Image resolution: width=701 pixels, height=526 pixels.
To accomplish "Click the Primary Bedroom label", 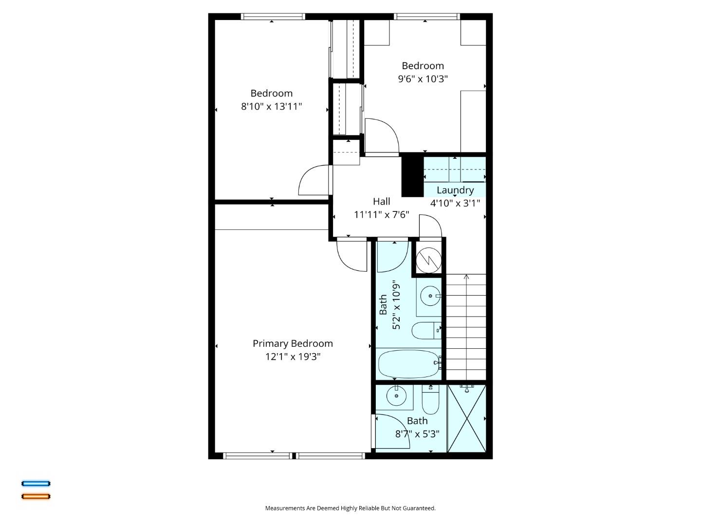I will [293, 343].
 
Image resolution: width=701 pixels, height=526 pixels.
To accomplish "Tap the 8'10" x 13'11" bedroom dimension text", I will [271, 106].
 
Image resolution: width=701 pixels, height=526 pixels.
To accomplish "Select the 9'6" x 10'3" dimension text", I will [423, 78].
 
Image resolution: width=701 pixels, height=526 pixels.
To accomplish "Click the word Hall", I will [381, 201].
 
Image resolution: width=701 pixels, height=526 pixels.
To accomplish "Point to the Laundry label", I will [455, 190].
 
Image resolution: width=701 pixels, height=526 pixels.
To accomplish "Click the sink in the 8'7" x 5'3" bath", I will [396, 395].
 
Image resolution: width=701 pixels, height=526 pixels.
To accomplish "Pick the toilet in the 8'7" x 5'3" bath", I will [430, 400].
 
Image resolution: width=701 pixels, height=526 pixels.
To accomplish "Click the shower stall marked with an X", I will [466, 418].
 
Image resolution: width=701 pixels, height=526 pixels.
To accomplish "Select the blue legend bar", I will [36, 484].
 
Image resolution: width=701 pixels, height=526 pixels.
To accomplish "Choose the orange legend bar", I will [36, 496].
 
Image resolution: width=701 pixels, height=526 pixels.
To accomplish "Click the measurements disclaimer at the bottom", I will [350, 508].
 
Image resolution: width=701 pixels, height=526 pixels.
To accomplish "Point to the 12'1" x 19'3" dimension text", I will [293, 357].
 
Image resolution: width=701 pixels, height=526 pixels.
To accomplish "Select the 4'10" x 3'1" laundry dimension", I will [455, 203].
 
